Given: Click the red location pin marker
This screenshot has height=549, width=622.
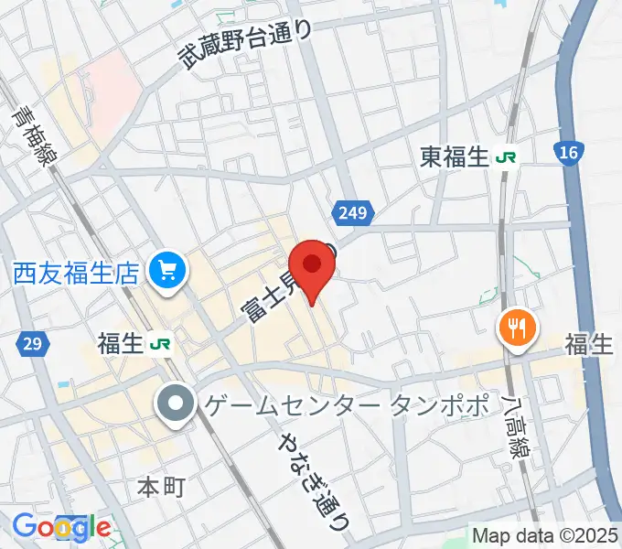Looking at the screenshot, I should [x=313, y=267].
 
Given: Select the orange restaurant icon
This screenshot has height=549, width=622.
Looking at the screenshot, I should [x=517, y=327].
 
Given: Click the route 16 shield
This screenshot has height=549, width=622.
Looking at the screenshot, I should [x=568, y=153].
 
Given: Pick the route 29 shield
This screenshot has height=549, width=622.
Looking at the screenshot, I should [x=31, y=344].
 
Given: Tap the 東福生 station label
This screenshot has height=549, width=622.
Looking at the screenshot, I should [x=455, y=157].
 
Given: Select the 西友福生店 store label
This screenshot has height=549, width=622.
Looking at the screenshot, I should [x=75, y=272].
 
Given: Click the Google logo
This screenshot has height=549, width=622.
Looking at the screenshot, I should [x=61, y=526].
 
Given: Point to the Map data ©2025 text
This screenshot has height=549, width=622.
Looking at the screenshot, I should [x=545, y=534].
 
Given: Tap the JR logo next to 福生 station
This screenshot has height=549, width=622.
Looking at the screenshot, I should [x=162, y=343].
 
